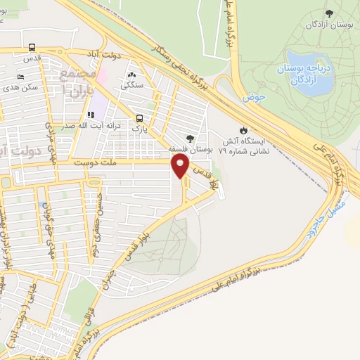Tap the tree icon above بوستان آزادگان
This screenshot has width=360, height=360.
point(329,13)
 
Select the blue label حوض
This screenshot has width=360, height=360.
point(252,98)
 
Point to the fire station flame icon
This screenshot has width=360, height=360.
point(243,130)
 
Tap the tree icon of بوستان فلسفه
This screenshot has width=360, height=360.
point(189,139)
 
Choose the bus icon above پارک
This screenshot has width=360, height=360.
point(141,118)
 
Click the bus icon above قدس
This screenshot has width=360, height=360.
point(32,48)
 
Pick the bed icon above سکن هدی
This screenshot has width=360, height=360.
point(20,77)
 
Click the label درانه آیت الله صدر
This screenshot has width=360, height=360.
point(105,125)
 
